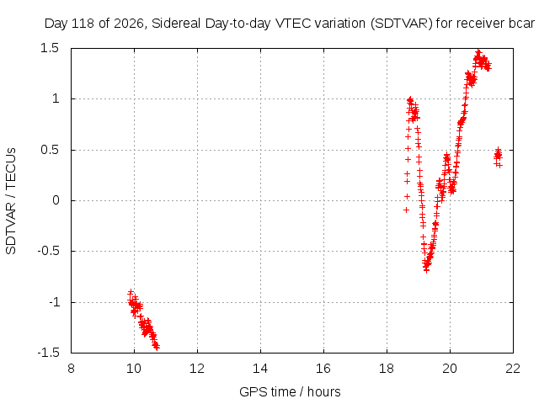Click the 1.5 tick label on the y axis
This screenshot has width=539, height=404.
click(x=50, y=48)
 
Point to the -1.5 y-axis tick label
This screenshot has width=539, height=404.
click(x=49, y=353)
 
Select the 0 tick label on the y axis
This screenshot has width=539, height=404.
click(x=56, y=200)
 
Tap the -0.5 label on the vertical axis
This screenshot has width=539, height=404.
click(x=49, y=251)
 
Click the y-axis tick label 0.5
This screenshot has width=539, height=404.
click(x=50, y=150)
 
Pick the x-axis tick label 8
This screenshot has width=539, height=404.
click(x=71, y=369)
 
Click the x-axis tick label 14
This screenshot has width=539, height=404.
click(x=260, y=369)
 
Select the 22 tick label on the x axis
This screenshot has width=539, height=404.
click(x=513, y=369)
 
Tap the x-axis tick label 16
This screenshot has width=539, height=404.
click(x=323, y=369)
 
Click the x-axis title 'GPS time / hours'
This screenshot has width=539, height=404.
click(x=290, y=391)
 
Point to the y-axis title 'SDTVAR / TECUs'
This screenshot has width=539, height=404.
click(x=11, y=201)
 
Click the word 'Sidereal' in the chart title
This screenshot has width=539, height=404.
click(x=176, y=24)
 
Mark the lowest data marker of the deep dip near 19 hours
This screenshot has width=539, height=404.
click(x=426, y=270)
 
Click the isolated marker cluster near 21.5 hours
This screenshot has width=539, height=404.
click(x=498, y=157)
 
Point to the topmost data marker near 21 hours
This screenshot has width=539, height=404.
click(x=478, y=52)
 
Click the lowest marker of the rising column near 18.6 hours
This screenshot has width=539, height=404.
click(x=406, y=210)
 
